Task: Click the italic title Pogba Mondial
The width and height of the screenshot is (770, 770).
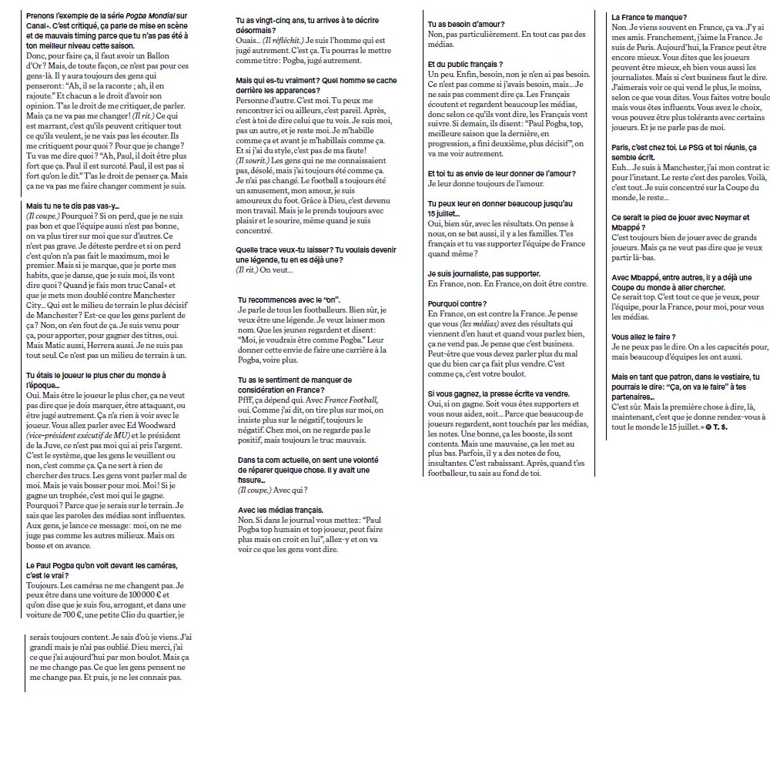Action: (x=153, y=16)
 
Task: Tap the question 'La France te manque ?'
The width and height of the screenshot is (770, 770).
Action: (x=649, y=17)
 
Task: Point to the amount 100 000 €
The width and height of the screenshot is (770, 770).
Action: (x=146, y=595)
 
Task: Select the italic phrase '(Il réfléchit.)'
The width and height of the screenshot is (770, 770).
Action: (x=283, y=39)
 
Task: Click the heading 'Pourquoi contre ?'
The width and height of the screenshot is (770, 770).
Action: (x=457, y=304)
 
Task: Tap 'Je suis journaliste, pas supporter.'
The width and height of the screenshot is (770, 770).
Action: (x=484, y=273)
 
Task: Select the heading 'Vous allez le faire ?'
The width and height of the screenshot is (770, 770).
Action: (x=644, y=337)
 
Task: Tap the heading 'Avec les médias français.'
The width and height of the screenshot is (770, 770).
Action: (x=280, y=510)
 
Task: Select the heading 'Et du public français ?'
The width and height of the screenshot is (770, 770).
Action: (x=465, y=64)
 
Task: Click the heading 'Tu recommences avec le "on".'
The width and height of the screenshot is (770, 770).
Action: (x=289, y=299)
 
